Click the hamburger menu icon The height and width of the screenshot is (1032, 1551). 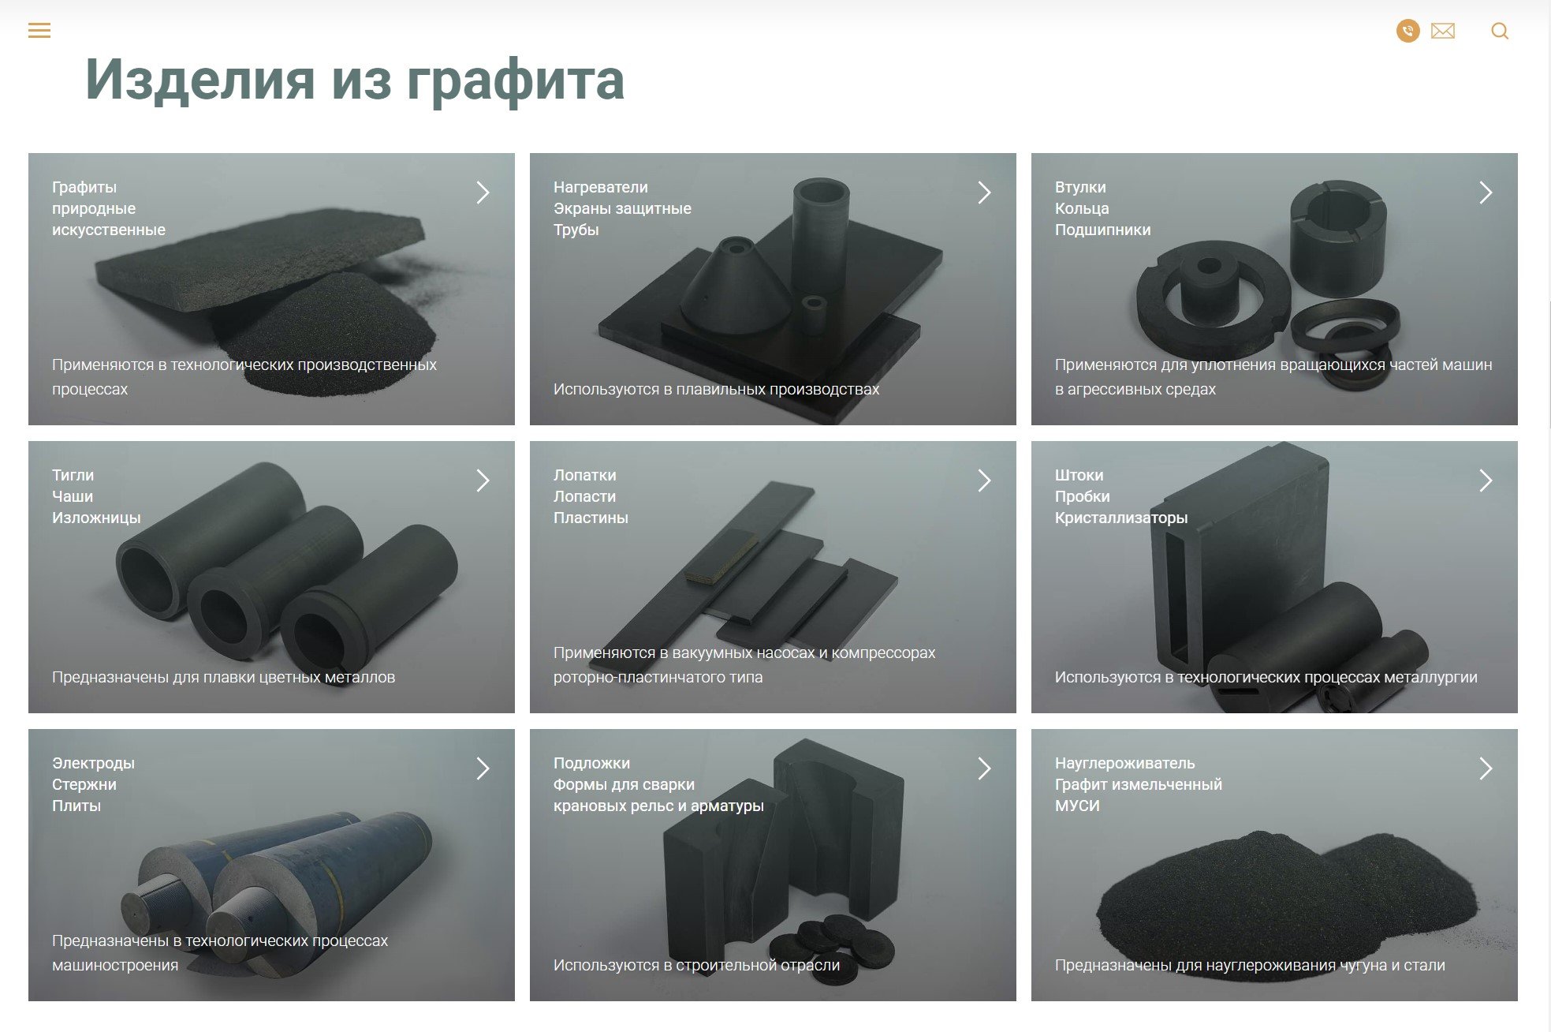39,31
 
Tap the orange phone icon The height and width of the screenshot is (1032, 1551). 1407,31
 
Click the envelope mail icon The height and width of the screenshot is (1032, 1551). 1442,31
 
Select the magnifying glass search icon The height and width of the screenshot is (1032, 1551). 1500,32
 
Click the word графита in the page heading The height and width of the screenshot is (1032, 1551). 516,81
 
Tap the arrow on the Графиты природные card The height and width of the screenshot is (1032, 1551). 483,193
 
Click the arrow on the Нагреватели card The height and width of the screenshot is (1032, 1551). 984,193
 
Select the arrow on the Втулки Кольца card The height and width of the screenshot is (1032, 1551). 1486,193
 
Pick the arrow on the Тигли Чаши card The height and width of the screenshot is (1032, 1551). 483,480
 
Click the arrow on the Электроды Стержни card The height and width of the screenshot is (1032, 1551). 483,768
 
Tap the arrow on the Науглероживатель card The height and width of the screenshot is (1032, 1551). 1486,768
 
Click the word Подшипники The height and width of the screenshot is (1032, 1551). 1102,230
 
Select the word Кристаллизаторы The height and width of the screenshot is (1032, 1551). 1120,518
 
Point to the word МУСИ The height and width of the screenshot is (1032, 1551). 1077,806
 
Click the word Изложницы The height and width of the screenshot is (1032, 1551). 96,518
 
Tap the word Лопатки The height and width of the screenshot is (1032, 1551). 584,475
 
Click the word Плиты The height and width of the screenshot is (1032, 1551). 76,806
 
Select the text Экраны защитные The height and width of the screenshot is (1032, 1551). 622,209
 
